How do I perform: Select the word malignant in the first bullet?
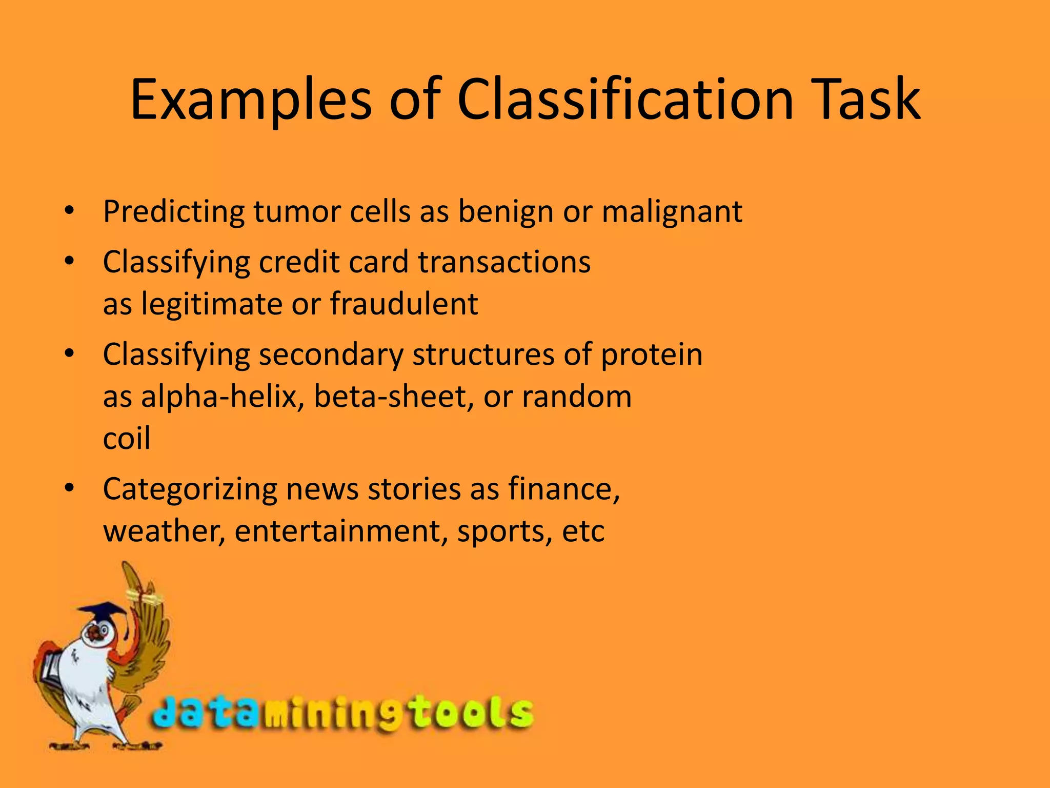[x=672, y=211]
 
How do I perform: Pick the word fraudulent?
[x=404, y=303]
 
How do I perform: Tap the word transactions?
[x=504, y=262]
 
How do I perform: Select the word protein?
[x=651, y=354]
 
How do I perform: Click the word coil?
[x=127, y=439]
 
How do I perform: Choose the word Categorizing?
[x=190, y=489]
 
